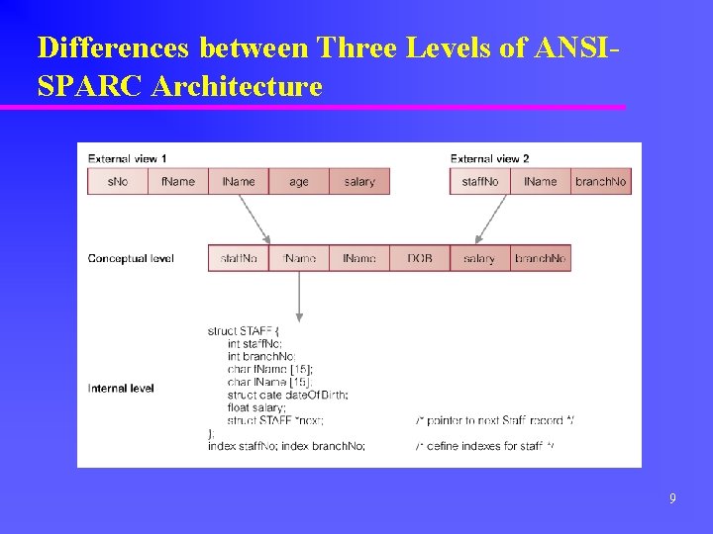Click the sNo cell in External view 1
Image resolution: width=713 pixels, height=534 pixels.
pos(117,181)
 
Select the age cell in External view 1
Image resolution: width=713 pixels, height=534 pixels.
pos(299,181)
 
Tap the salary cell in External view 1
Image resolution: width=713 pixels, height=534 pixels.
pos(359,181)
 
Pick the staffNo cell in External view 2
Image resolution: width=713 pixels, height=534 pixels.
pos(480,181)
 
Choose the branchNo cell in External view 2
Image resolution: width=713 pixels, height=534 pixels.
pos(601,181)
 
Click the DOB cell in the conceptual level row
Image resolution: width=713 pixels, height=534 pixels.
pos(420,258)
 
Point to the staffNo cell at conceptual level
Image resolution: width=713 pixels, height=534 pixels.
pos(239,258)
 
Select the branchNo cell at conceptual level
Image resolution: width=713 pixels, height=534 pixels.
pos(541,258)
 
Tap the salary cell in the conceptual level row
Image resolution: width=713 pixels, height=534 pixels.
pos(479,258)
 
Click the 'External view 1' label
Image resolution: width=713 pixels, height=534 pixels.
pos(127,158)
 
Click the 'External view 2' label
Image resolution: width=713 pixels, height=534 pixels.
pos(489,158)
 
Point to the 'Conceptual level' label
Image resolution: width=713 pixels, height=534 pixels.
pos(131,258)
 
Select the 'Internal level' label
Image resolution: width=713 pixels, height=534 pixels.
pos(121,389)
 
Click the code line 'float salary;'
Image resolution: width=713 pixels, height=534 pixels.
pos(256,407)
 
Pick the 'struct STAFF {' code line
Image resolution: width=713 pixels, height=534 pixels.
pos(245,331)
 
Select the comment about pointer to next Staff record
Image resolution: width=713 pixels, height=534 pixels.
pos(494,420)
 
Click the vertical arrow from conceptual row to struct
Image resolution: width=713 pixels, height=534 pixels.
pos(299,296)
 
